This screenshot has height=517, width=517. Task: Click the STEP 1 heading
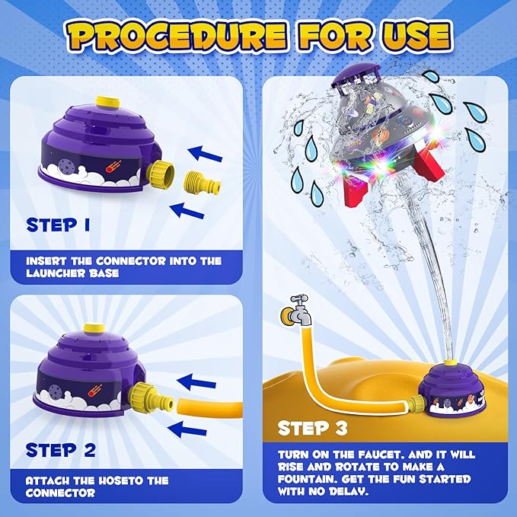58,225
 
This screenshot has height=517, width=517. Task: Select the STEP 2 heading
61,450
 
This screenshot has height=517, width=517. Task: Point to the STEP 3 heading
313,429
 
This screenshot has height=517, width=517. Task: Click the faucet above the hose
295,311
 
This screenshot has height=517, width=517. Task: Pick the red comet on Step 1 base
113,166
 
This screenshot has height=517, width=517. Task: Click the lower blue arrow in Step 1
187,210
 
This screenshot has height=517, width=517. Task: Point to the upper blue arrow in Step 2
196,382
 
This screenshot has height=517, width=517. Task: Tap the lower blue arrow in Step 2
187,429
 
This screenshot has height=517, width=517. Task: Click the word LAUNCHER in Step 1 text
55,273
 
